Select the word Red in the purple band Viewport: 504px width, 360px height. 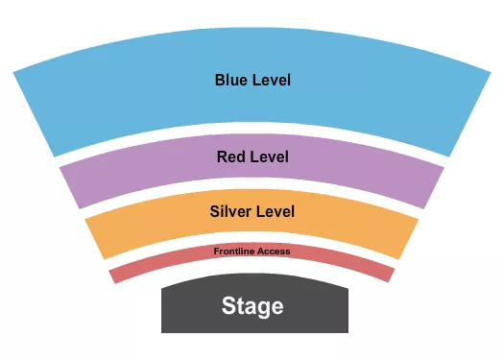pos(231,156)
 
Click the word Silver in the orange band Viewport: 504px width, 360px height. pos(232,211)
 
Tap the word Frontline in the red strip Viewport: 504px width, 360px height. pos(234,251)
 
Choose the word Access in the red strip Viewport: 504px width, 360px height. pos(275,251)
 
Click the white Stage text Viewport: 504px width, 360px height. pos(252,306)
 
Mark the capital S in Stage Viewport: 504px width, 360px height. pos(228,306)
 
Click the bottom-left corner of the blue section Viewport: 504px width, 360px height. pos(55,156)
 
